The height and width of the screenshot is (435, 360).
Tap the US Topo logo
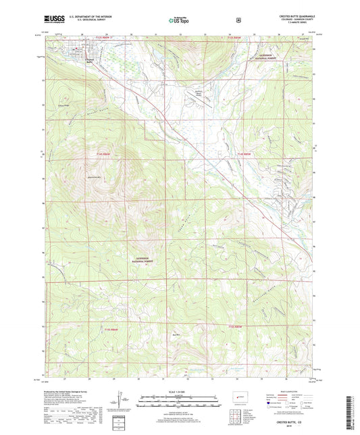[180, 20]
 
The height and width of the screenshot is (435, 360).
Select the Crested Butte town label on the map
[88, 60]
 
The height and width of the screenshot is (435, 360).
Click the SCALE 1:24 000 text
[179, 390]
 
